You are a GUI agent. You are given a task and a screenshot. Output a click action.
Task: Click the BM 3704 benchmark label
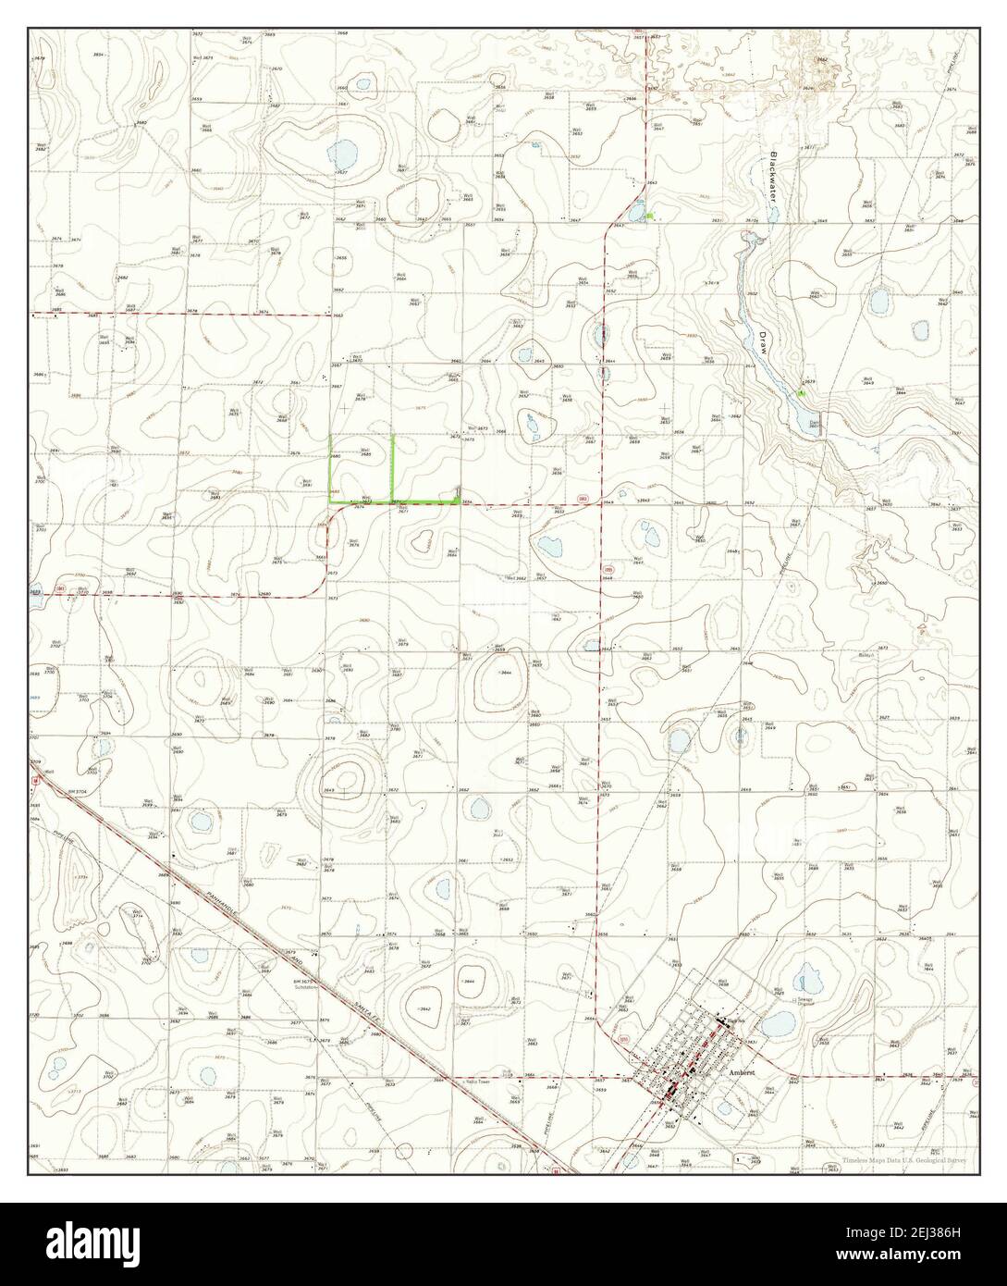pyautogui.click(x=75, y=793)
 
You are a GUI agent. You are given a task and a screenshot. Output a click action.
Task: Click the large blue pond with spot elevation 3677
pyautogui.click(x=346, y=152)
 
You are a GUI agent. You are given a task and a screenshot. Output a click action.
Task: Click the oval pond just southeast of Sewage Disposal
pyautogui.click(x=778, y=1022)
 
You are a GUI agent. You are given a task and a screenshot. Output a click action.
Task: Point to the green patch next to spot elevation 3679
pyautogui.click(x=802, y=393)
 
